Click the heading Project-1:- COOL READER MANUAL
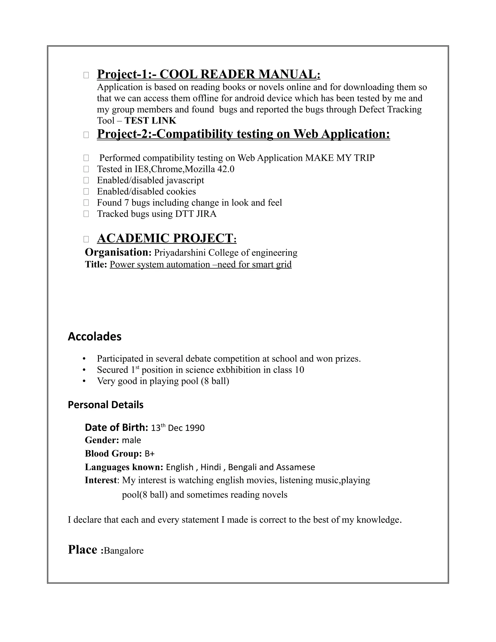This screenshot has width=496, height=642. pyautogui.click(x=208, y=74)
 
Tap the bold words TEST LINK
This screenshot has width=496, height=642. pyautogui.click(x=150, y=120)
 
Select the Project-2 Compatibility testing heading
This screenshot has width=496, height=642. pyautogui.click(x=243, y=134)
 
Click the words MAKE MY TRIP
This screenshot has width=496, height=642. pyautogui.click(x=340, y=158)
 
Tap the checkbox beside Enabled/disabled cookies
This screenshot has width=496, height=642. pyautogui.click(x=86, y=191)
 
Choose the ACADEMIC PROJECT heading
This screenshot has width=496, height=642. pyautogui.click(x=166, y=238)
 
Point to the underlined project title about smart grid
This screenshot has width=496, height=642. pyautogui.click(x=201, y=264)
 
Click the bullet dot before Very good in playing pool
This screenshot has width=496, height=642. pyautogui.click(x=84, y=381)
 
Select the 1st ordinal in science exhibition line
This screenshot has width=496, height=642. pyautogui.click(x=135, y=369)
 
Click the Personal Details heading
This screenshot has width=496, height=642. pyautogui.click(x=106, y=405)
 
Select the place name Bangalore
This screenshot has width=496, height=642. pyautogui.click(x=124, y=551)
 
